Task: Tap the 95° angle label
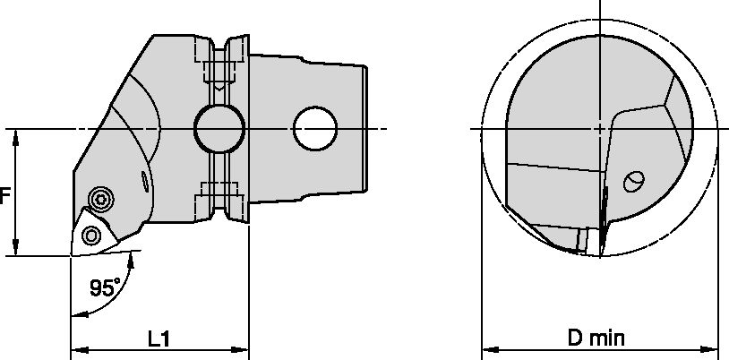pyautogui.click(x=105, y=288)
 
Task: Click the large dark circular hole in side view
pyautogui.click(x=219, y=130)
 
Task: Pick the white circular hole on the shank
pyautogui.click(x=314, y=130)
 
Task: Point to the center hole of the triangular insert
pyautogui.click(x=90, y=235)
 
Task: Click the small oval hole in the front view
pyautogui.click(x=634, y=181)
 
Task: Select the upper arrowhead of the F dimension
pyautogui.click(x=17, y=135)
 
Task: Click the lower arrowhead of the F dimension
pyautogui.click(x=17, y=250)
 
